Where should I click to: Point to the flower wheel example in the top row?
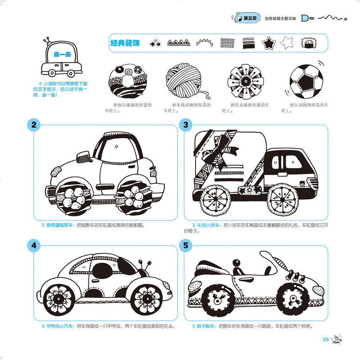246,81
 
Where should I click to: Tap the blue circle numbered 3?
185,126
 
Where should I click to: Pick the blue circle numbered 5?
185,246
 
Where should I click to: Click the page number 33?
325,339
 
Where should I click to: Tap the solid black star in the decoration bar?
269,44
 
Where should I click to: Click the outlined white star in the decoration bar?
286,43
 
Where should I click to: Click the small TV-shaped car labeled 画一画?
62,61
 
